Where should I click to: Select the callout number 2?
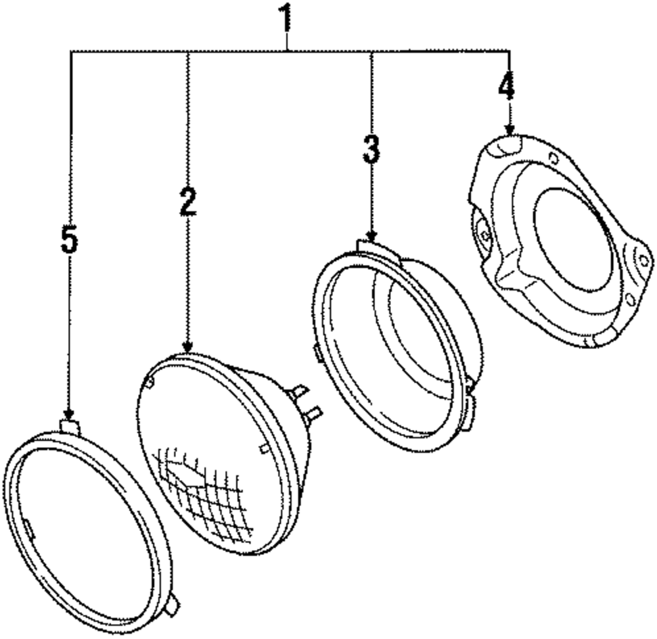188,202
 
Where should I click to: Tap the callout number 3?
371,151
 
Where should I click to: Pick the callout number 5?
69,241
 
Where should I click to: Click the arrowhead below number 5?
69,414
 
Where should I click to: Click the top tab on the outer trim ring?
69,426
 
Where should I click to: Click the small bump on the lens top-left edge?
151,380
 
